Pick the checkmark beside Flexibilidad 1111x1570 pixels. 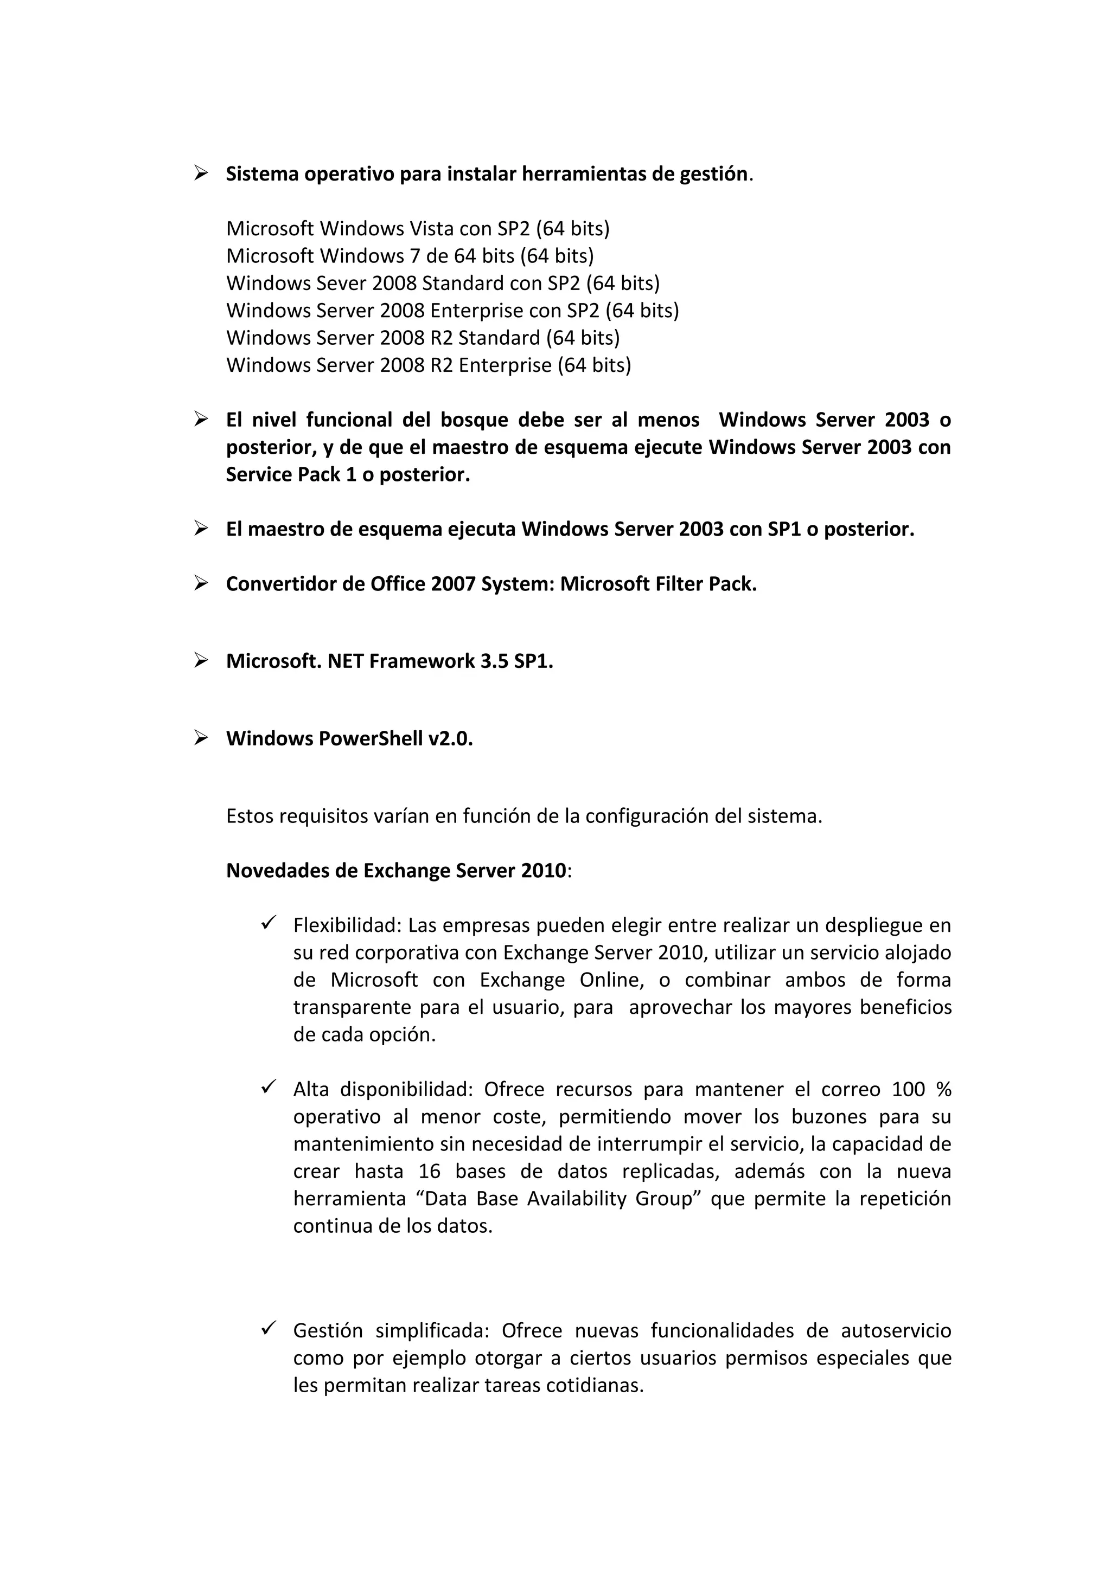[x=268, y=923]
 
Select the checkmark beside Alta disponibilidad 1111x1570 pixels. [x=268, y=1088]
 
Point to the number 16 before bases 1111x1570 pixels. [x=429, y=1172]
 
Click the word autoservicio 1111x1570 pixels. [x=896, y=1331]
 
